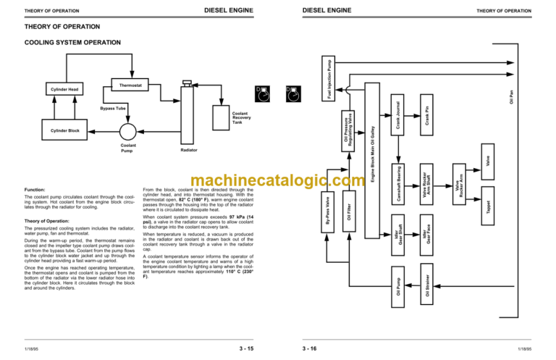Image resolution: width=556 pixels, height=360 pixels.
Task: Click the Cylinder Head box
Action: (64, 89)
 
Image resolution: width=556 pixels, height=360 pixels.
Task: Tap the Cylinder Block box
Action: (64, 131)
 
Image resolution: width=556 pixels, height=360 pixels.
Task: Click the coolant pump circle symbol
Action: (129, 131)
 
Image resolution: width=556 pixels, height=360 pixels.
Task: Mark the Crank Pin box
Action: (428, 112)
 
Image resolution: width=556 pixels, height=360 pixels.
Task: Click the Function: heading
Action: (36, 189)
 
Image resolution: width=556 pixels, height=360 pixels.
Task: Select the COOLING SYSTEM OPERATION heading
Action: (67, 43)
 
